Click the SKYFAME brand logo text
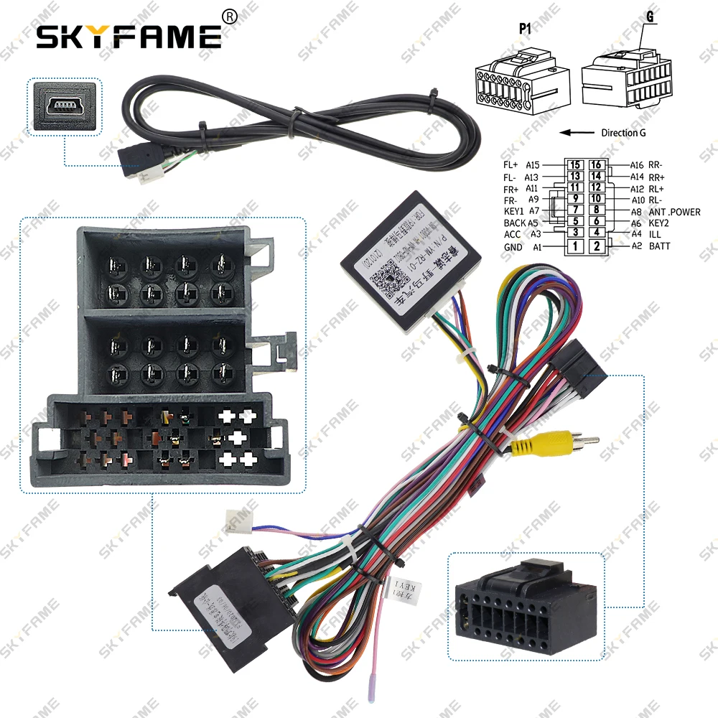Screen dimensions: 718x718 129,35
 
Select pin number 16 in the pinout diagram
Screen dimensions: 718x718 595,164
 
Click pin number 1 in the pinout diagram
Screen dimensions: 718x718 574,246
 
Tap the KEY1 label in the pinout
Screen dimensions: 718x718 514,211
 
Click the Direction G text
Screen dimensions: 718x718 617,133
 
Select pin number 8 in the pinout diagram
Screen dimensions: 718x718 595,211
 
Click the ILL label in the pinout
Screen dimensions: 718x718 656,234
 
